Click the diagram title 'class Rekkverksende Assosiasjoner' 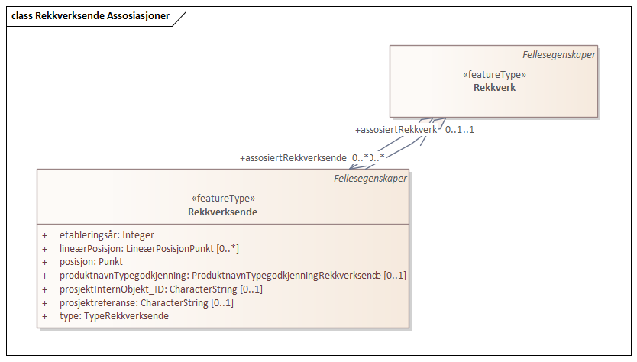click(x=91, y=15)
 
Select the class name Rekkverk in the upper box click(x=494, y=88)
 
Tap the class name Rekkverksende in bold click(x=222, y=212)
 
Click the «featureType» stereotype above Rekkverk click(x=494, y=75)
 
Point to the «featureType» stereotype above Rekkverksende click(x=222, y=198)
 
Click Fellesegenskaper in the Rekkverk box click(x=558, y=54)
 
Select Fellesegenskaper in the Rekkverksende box click(x=370, y=179)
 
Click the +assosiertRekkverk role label click(x=396, y=130)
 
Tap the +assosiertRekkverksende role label click(x=293, y=158)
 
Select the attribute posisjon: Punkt click(x=91, y=262)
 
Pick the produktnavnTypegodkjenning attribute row click(x=232, y=276)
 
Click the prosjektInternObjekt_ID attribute click(x=160, y=289)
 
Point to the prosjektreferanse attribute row click(x=146, y=302)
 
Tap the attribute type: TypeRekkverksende click(x=114, y=316)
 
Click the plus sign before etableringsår click(x=45, y=235)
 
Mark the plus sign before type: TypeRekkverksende click(x=45, y=316)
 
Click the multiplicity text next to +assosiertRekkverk click(x=460, y=130)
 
